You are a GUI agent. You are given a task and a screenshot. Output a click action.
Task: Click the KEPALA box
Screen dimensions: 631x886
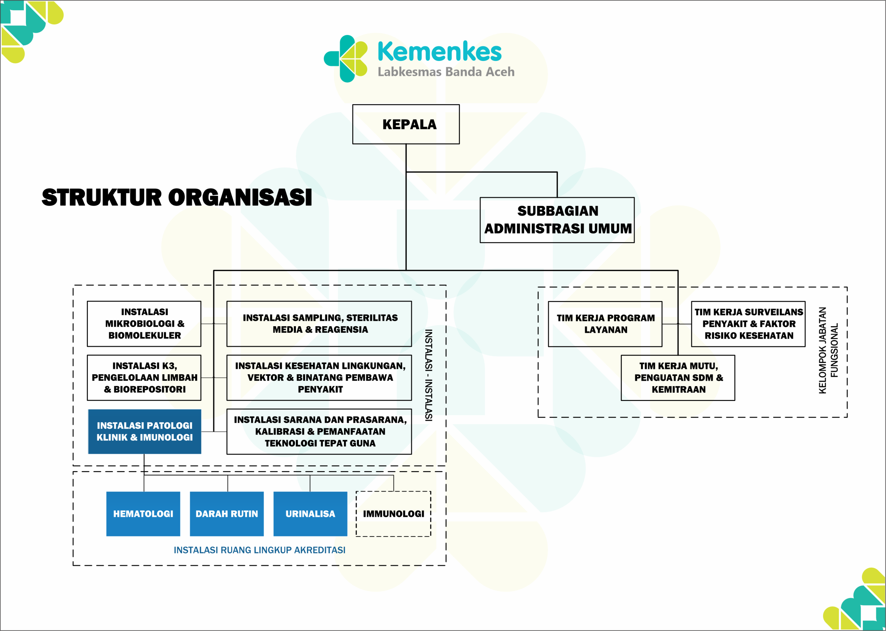coord(406,124)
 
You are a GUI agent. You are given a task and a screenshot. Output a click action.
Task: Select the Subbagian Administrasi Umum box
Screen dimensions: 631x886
coord(557,220)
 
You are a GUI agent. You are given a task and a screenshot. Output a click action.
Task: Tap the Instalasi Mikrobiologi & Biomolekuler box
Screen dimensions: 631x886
coord(144,324)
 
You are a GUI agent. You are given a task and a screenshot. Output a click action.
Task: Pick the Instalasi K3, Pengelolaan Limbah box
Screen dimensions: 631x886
coord(144,378)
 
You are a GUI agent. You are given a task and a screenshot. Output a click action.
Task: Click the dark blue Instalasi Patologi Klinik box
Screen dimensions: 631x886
coord(145,431)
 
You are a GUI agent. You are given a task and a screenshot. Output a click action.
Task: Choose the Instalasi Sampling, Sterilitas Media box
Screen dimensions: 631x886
coord(319,324)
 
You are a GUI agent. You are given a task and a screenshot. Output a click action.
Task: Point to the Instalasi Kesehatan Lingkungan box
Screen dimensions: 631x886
coord(319,378)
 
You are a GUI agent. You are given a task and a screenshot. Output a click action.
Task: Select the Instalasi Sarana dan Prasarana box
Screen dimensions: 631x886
coord(319,431)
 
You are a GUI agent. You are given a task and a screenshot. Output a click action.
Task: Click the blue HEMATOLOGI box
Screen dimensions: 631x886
coord(143,514)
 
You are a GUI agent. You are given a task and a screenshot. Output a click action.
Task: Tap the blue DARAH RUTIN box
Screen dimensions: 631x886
coord(227,514)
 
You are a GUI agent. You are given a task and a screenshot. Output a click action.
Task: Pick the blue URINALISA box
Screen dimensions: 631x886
coord(310,514)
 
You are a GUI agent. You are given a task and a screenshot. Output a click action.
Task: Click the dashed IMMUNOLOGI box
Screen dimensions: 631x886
coord(393,514)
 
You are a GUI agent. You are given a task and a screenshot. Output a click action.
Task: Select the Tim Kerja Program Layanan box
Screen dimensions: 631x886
coord(605,324)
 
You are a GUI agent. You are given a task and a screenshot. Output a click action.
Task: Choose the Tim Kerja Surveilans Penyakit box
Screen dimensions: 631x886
coord(748,324)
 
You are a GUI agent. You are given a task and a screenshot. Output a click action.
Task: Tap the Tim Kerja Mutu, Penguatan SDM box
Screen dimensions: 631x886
coord(678,378)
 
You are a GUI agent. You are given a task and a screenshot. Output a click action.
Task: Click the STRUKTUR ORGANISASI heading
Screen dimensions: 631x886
coord(177,198)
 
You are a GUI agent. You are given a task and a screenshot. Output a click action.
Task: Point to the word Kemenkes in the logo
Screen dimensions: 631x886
coord(439,52)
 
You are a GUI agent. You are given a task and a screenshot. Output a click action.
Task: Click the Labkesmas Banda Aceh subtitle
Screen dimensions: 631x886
coord(446,72)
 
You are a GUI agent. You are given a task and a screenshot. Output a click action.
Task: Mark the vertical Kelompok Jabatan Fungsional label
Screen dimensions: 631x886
coord(828,350)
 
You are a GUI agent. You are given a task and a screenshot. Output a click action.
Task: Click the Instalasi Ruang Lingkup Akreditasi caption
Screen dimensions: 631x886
coord(259,550)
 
